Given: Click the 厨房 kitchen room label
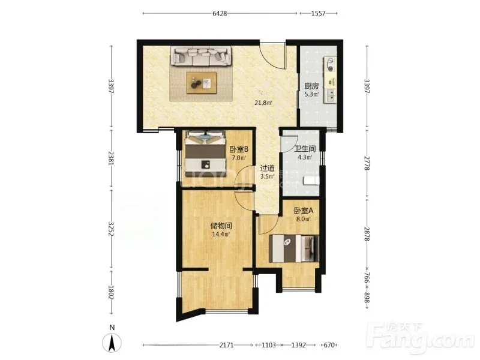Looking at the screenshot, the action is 311,86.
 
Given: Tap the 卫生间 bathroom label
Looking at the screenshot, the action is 305,149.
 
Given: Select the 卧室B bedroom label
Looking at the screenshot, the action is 239,149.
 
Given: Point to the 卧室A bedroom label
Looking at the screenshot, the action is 304,211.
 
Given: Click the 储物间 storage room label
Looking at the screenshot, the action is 221,226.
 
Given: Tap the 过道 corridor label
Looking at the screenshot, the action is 267,168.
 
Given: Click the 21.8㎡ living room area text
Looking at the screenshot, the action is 263,103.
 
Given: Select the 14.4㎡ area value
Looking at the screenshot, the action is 221,235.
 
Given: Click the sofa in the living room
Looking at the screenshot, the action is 201,56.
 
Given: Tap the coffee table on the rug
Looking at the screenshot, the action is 202,83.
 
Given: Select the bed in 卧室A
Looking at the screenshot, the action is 293,248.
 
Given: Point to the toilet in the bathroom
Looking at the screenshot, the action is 311,181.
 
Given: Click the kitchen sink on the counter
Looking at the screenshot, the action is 330,95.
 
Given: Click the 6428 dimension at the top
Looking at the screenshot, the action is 220,13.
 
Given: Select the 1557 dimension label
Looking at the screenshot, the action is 319,13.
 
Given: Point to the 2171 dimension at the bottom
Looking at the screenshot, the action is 227,345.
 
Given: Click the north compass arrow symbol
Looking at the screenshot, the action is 112,341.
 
